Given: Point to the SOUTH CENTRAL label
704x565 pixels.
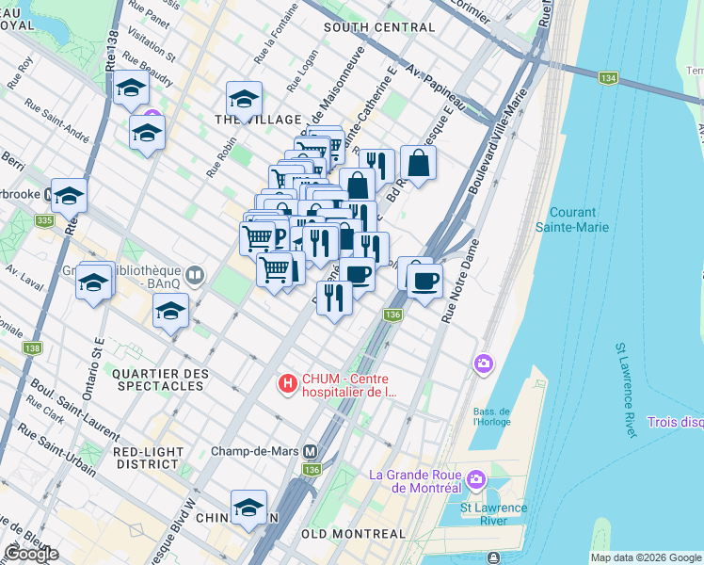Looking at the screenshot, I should (365, 27).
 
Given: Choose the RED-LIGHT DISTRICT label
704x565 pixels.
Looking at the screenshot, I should (147, 458).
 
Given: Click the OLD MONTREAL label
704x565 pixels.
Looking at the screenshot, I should (354, 534).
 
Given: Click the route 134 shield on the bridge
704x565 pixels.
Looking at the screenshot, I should (606, 78).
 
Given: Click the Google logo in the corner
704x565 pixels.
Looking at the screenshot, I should (31, 554).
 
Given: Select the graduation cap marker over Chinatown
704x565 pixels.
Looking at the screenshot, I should (248, 508).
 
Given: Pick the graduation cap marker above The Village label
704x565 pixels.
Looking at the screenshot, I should (244, 98).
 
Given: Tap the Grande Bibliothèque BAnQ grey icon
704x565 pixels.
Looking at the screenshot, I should (195, 276).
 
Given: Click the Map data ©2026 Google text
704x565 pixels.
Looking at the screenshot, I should (646, 557).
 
